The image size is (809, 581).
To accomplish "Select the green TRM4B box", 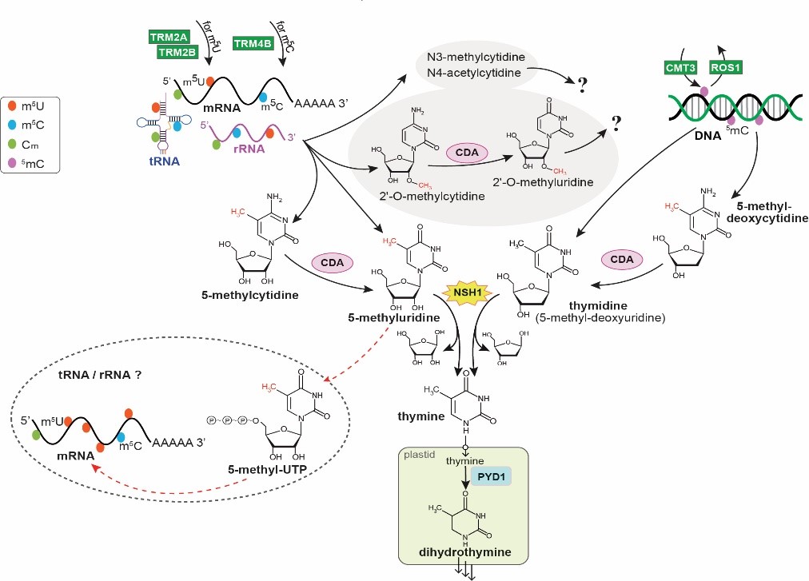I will [x=251, y=44].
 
